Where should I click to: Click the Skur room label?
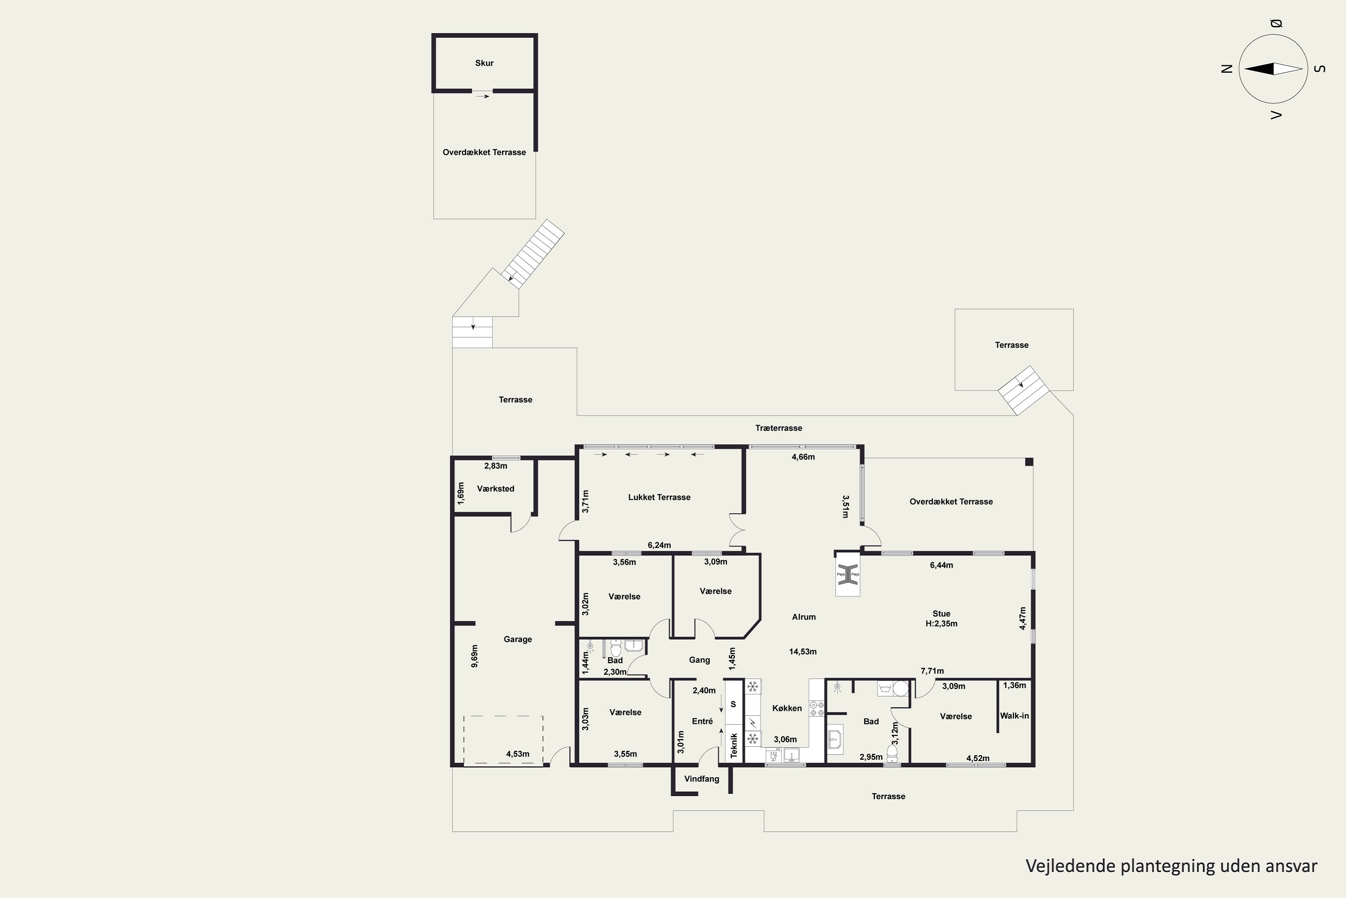pos(484,63)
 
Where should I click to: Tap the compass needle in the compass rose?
pos(1273,69)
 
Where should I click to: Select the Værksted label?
pos(496,489)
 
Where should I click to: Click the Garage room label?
pos(518,639)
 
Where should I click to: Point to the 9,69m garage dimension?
pos(474,656)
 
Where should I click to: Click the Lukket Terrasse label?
pos(659,497)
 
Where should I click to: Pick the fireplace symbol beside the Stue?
pos(848,574)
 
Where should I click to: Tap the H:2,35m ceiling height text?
pos(941,624)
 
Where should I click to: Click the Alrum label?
pos(804,617)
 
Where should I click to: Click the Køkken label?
pos(787,708)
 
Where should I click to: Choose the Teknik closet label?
pos(734,745)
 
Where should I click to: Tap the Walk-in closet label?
pos(1014,715)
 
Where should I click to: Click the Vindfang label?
pos(702,779)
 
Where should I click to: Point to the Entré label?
pos(702,721)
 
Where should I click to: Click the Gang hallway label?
pos(699,660)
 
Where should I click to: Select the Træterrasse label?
pos(778,428)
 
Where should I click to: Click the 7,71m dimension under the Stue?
pos(932,671)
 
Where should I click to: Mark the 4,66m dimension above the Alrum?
pos(803,457)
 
